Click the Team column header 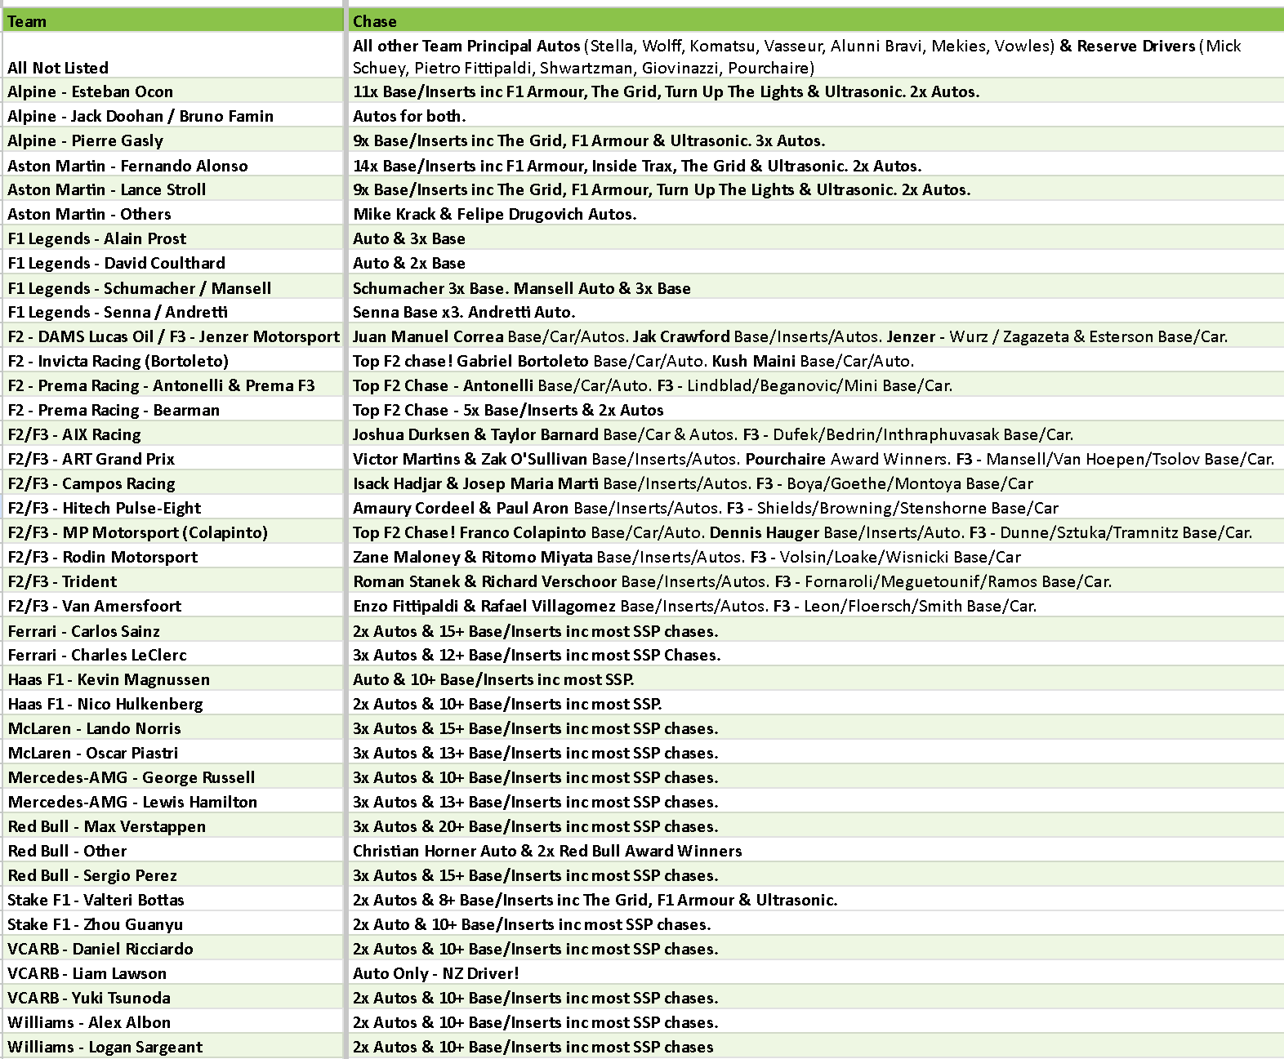(27, 21)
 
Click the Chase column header (375, 21)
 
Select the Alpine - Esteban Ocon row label (90, 91)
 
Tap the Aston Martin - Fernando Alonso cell (127, 166)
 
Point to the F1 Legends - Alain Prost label (96, 238)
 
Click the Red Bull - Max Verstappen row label (106, 826)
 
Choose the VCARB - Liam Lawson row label (87, 973)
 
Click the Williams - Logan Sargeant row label (105, 1047)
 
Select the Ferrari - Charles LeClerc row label (96, 655)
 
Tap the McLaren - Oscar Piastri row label (92, 753)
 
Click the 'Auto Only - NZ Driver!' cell (435, 973)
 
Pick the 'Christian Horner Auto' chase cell (546, 851)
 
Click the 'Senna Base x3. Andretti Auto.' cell (463, 312)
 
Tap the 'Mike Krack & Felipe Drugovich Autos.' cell (494, 214)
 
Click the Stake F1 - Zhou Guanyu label (95, 924)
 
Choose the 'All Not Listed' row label (57, 68)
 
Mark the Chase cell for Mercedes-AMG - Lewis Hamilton (535, 802)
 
